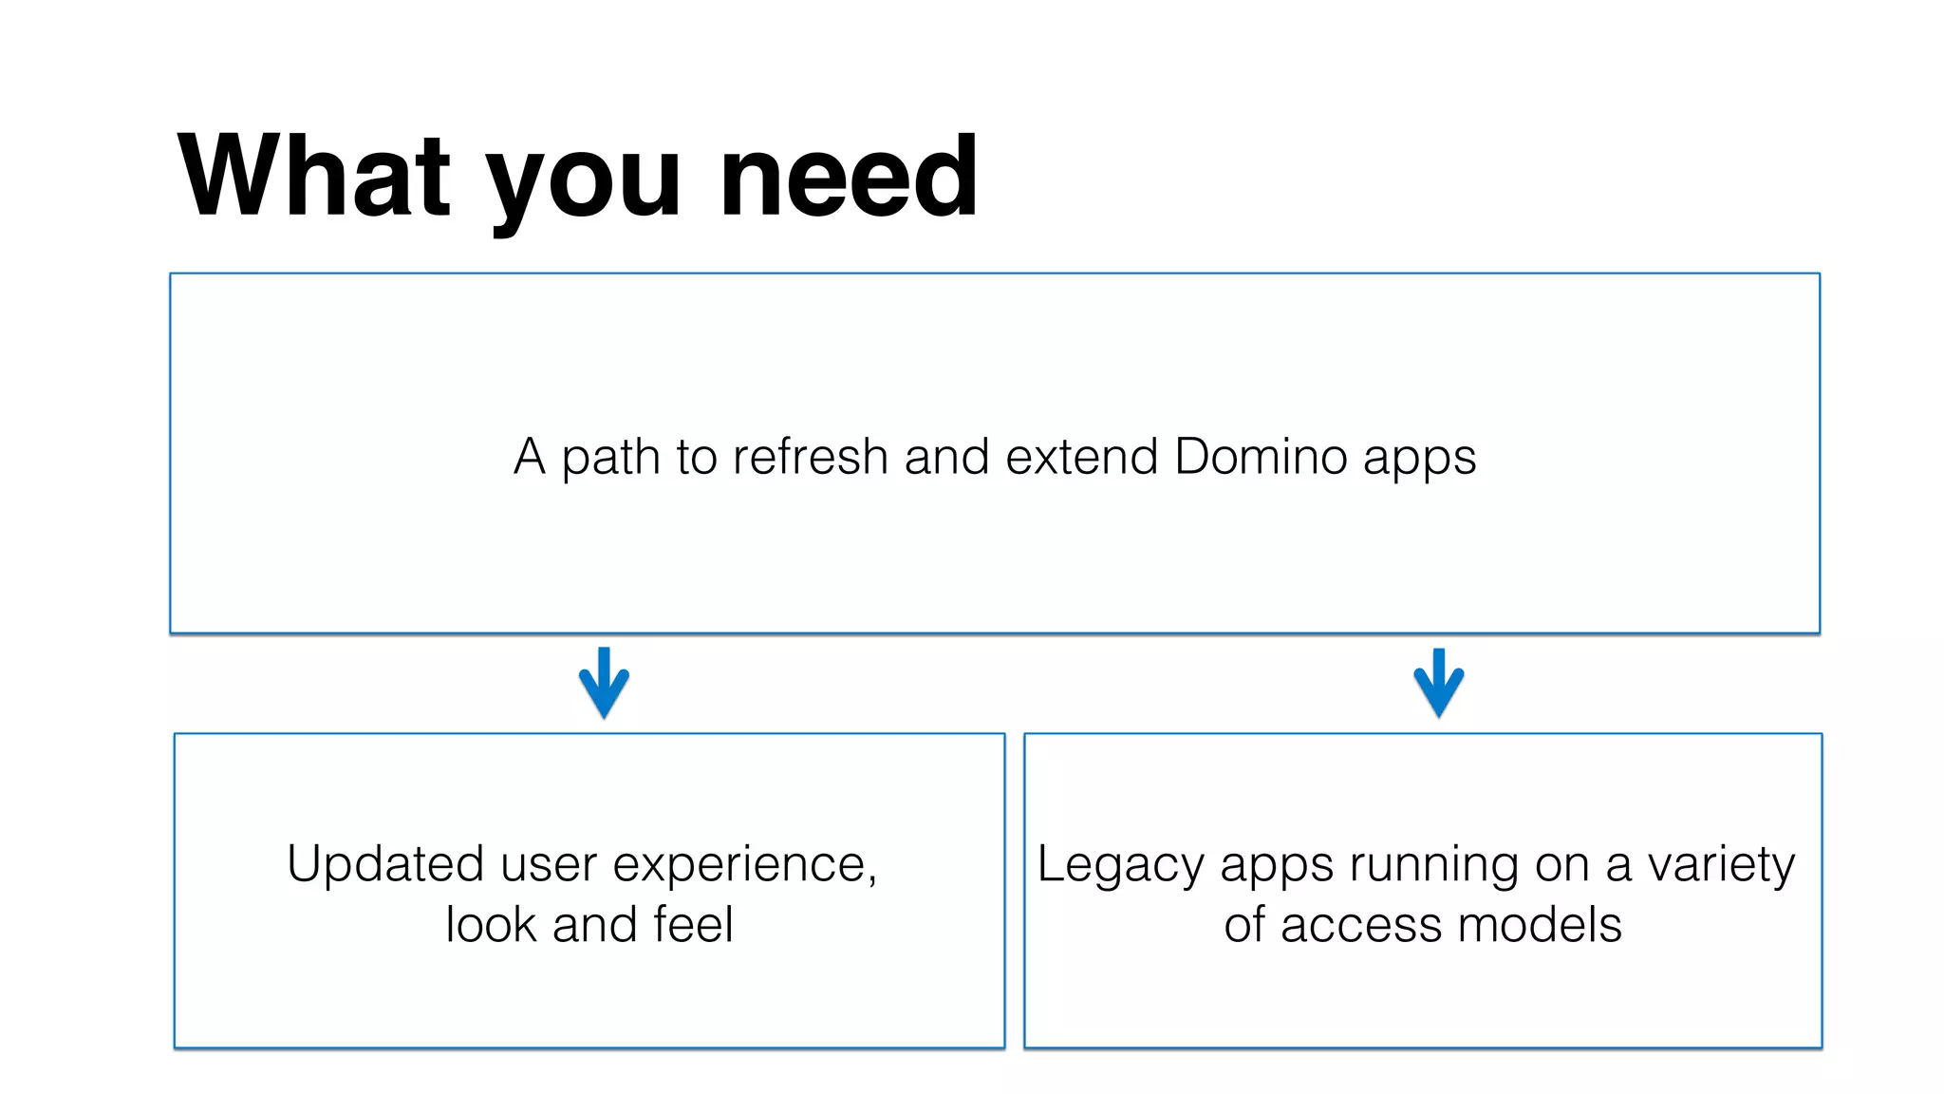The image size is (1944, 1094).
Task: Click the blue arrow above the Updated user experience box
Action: (x=604, y=682)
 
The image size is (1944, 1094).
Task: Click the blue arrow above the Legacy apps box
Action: (x=1438, y=682)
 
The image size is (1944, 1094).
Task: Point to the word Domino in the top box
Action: (x=1262, y=457)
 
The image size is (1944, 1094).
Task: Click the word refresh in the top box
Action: (x=810, y=457)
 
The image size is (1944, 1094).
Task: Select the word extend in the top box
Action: (x=1081, y=457)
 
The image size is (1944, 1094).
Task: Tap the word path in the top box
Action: (x=610, y=459)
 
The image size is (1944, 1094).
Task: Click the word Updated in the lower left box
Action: (x=387, y=865)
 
